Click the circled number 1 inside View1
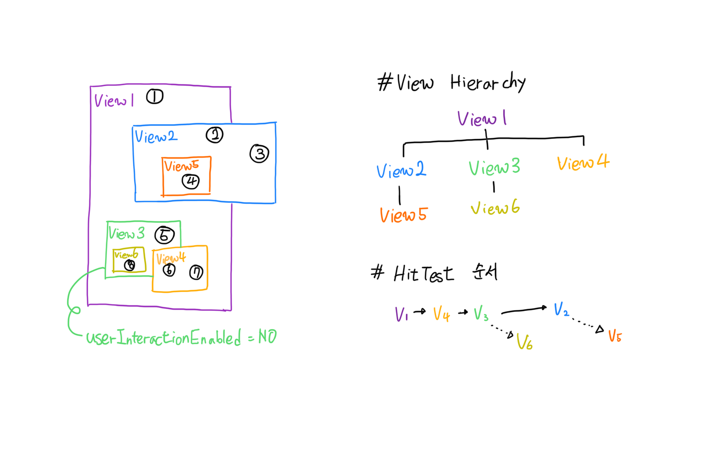155,96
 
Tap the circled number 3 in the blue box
259,154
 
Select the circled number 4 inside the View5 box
191,182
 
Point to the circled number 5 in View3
165,235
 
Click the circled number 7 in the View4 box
196,272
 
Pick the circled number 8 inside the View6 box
130,265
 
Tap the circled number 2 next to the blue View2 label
215,135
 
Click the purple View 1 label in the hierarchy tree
482,118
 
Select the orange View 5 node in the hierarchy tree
404,215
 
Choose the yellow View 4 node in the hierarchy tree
583,162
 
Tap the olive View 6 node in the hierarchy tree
495,208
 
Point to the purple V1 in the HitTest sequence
401,314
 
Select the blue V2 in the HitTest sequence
561,309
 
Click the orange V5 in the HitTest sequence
615,336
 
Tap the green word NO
268,336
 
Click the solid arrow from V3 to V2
524,310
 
